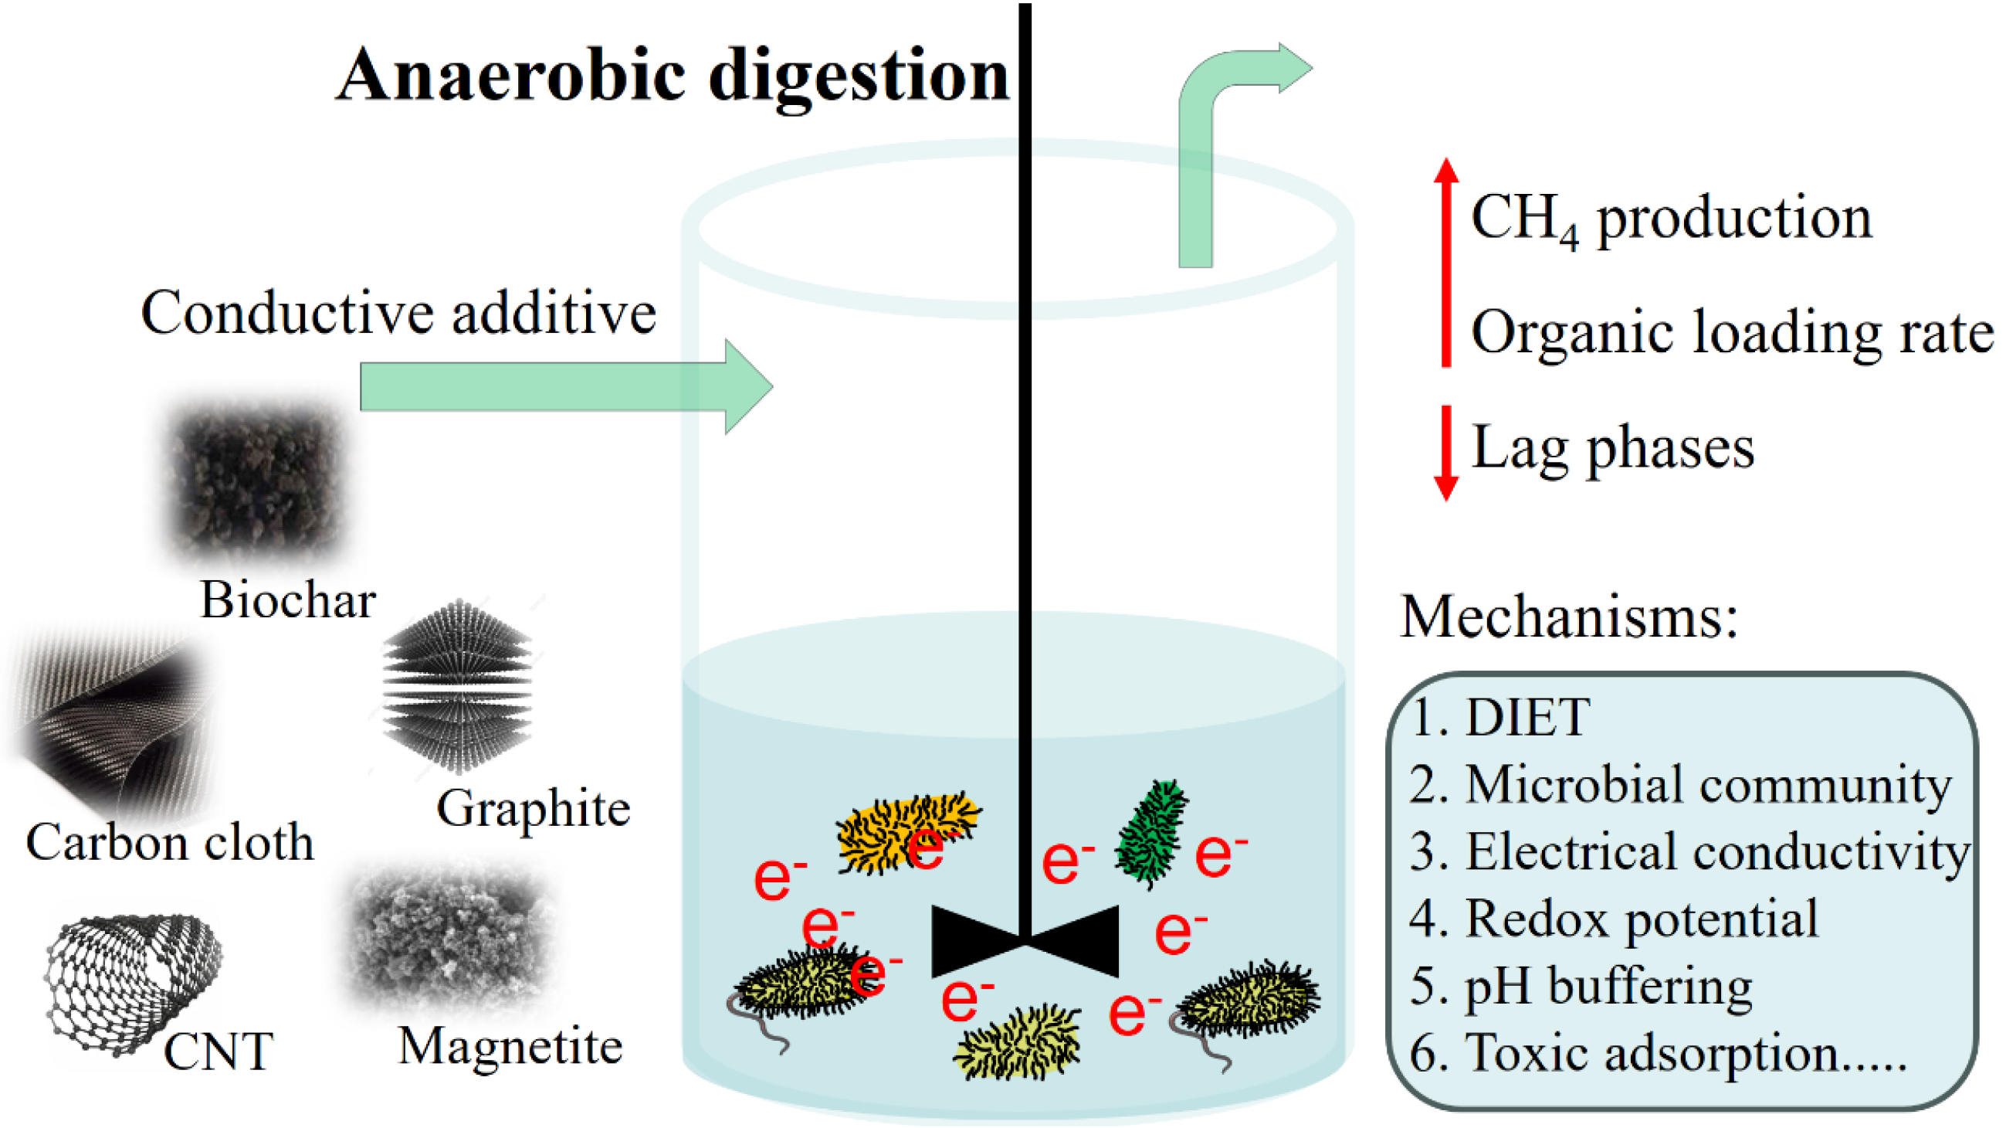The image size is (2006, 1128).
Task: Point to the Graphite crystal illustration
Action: tap(458, 686)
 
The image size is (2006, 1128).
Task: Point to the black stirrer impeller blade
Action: tap(1025, 941)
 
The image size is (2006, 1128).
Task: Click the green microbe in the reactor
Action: tap(1151, 834)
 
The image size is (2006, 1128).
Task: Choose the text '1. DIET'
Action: tap(1499, 718)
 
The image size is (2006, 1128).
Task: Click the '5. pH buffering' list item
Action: tap(1581, 986)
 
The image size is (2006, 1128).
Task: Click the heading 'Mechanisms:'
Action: tap(1568, 617)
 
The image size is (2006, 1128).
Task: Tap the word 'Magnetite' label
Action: tap(510, 1045)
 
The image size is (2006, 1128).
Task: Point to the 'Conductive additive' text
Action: tap(398, 313)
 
